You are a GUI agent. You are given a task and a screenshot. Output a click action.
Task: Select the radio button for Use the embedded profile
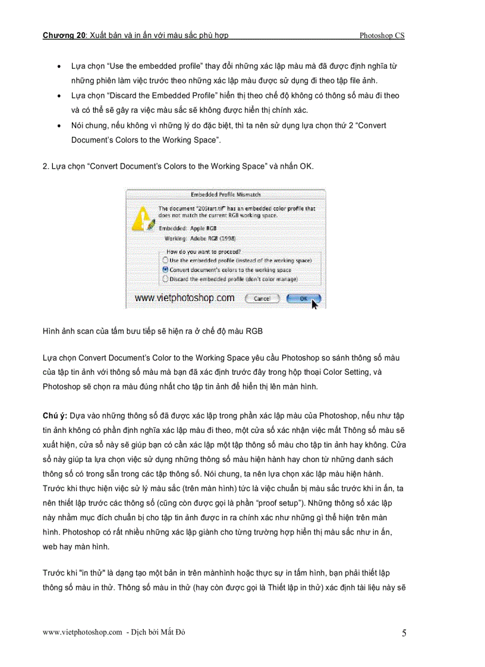point(165,260)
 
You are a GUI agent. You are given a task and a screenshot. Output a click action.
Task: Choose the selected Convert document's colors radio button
point(165,269)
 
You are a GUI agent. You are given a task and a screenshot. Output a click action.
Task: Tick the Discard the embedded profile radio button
point(165,279)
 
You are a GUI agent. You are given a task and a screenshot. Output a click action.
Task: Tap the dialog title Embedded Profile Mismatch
point(225,194)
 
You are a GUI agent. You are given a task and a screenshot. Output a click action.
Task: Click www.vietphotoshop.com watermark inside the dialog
point(184,298)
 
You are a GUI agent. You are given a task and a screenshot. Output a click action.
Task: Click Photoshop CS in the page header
point(382,36)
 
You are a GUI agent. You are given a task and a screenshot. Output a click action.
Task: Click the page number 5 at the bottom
point(404,633)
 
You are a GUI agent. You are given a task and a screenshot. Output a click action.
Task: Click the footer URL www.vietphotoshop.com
point(82,633)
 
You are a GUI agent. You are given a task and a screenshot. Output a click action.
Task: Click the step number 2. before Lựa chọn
point(45,166)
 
